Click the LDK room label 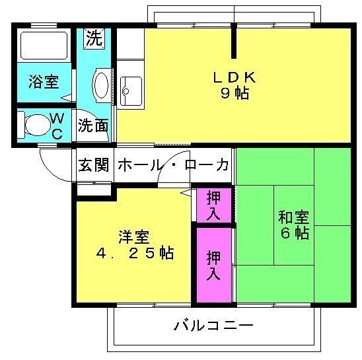pyautogui.click(x=235, y=77)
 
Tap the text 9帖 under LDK pyautogui.click(x=235, y=93)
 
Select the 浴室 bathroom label pyautogui.click(x=44, y=82)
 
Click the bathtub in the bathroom pyautogui.click(x=44, y=46)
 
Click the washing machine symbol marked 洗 pyautogui.click(x=94, y=39)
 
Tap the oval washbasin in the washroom pyautogui.click(x=101, y=85)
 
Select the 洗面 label pyautogui.click(x=93, y=126)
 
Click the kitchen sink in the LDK pyautogui.click(x=131, y=91)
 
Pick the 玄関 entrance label pyautogui.click(x=94, y=165)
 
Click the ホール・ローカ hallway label pyautogui.click(x=173, y=165)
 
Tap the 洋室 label pyautogui.click(x=134, y=236)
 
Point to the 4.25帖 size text pyautogui.click(x=135, y=253)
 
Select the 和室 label pyautogui.click(x=294, y=217)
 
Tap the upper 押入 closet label pyautogui.click(x=213, y=205)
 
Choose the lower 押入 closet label pyautogui.click(x=213, y=265)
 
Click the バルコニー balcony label pyautogui.click(x=213, y=326)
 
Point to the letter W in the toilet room pyautogui.click(x=57, y=119)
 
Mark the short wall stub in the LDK pyautogui.click(x=234, y=41)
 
